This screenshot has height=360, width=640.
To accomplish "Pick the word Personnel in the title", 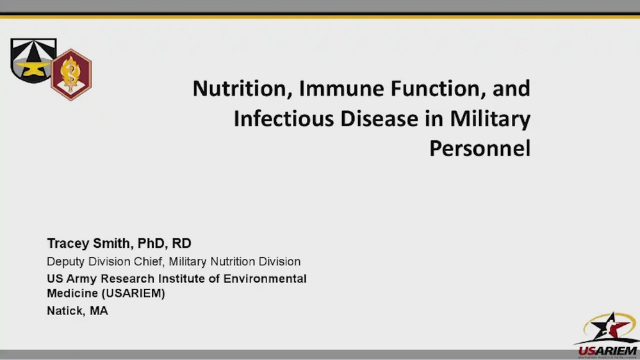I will (x=480, y=149).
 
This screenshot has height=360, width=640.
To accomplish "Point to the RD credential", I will (x=182, y=244).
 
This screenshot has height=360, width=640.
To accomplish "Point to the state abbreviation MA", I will (x=99, y=311).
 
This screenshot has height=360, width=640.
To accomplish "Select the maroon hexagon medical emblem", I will (x=70, y=74).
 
